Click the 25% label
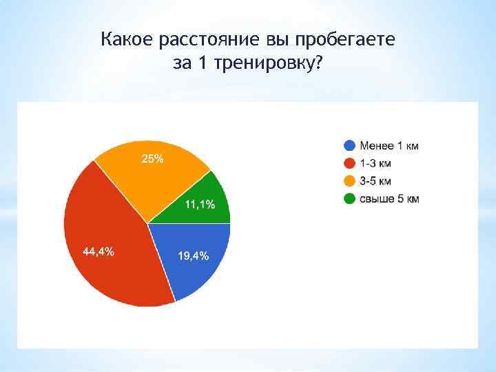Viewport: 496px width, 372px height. coord(152,159)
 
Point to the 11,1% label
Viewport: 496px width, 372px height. coord(200,205)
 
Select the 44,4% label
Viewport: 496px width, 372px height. coord(99,251)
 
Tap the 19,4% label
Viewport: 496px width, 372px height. coord(194,256)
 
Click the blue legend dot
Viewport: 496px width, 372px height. coord(350,145)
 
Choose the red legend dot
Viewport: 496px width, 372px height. coord(350,163)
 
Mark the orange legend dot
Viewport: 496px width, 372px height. coord(350,181)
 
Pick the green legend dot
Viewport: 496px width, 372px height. coord(350,199)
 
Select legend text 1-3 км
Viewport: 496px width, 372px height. coord(376,163)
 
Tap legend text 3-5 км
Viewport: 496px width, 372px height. coord(376,181)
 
